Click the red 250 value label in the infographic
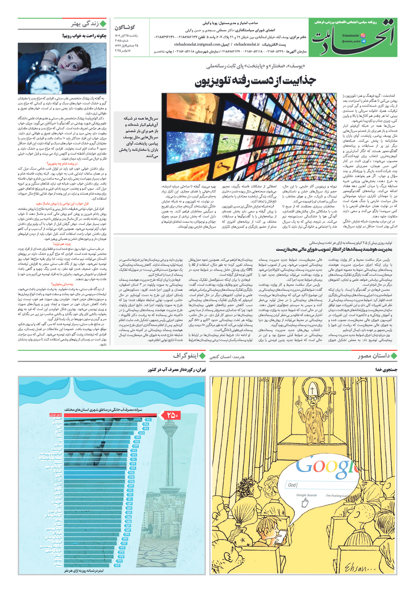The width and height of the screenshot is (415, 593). click(x=172, y=415)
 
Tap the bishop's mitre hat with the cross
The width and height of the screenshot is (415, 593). click(x=312, y=389)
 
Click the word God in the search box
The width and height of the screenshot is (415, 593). click(x=292, y=485)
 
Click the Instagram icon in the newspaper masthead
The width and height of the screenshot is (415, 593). click(x=363, y=36)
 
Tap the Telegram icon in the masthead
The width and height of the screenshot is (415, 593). click(x=363, y=41)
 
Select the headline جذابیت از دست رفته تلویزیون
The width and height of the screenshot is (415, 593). click(x=255, y=81)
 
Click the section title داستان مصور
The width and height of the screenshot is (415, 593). click(x=374, y=356)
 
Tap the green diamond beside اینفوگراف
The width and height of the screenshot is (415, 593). click(x=202, y=356)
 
